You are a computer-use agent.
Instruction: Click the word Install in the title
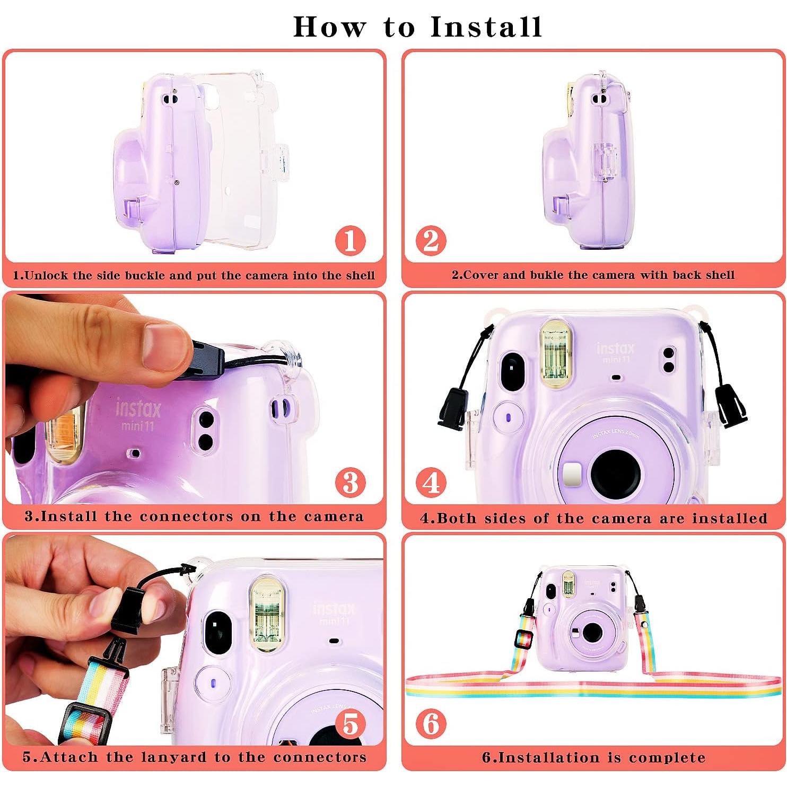pos(486,27)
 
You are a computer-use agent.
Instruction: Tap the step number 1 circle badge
pos(350,240)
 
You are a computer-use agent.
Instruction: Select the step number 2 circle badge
pos(431,240)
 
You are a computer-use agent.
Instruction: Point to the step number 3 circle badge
pos(350,482)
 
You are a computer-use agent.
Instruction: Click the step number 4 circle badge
pos(431,482)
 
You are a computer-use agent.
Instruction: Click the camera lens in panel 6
pos(589,633)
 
